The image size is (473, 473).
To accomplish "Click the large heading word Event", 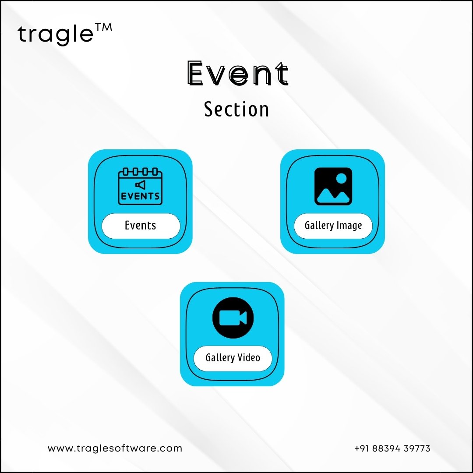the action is [x=238, y=73].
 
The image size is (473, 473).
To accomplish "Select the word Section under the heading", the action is [x=236, y=109].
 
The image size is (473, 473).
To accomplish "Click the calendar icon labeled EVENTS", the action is [x=140, y=186].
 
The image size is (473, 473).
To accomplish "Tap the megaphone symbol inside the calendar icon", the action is [x=140, y=185].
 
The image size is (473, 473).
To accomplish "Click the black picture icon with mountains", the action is [x=333, y=187].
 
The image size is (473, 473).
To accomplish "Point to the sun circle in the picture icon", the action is [x=341, y=179].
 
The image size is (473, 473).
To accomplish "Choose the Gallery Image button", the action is [x=333, y=226].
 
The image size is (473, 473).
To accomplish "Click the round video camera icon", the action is [x=233, y=318].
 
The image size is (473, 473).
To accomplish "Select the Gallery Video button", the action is [x=233, y=358].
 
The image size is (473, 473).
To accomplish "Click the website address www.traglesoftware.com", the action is [x=115, y=448].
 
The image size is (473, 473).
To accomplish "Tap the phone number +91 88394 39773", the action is [x=392, y=448].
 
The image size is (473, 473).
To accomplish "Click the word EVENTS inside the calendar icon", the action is [x=140, y=196].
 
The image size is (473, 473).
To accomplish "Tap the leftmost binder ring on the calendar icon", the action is [x=126, y=172].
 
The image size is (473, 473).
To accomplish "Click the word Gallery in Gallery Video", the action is [x=220, y=358].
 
